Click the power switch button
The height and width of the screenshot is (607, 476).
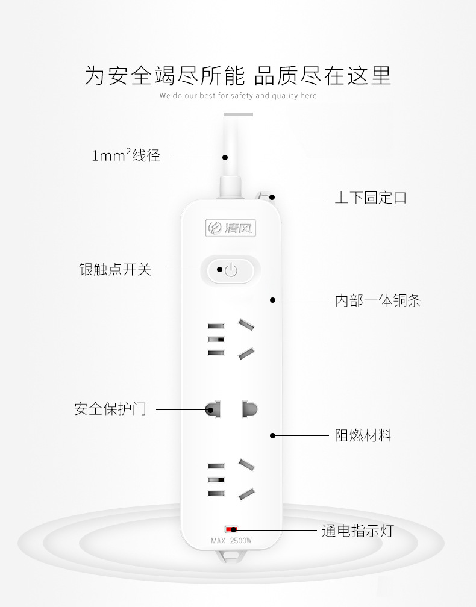pos(231,270)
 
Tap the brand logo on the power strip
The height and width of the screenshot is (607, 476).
pos(231,228)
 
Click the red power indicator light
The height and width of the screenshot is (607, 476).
pos(230,529)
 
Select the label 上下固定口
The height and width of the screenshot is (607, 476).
pos(371,198)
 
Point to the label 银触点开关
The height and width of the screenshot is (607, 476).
pos(115,269)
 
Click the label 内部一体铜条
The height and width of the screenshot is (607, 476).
pos(378,300)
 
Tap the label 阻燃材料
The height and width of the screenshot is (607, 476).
pos(363,435)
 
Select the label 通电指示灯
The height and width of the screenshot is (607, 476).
pos(357,531)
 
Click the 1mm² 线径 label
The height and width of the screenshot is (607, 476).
pos(126,156)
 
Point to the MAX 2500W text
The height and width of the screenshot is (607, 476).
pos(231,540)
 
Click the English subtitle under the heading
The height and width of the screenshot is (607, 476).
pos(238,96)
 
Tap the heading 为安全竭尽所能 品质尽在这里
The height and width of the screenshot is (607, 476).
pos(238,75)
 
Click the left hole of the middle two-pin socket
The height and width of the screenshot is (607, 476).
pos(212,409)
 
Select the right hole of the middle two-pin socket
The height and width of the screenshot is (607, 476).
pos(249,409)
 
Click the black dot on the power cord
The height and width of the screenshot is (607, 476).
pos(225,157)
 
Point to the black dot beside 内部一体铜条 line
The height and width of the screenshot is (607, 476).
pos(272,300)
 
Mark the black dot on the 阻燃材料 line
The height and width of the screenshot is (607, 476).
pos(272,435)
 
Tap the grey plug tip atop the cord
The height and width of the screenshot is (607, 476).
pos(238,114)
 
